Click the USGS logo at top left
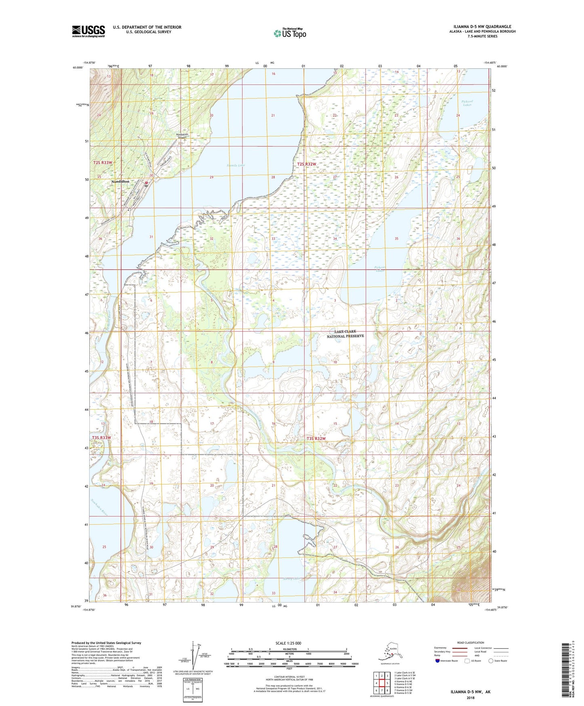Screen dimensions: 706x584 pyautogui.click(x=89, y=31)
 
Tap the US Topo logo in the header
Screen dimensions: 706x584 pyautogui.click(x=290, y=33)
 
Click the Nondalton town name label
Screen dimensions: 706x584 pyautogui.click(x=120, y=182)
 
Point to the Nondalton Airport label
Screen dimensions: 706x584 pyautogui.click(x=182, y=136)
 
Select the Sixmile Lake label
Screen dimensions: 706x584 pyautogui.click(x=236, y=165)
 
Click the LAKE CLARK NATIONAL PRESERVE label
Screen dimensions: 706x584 pyautogui.click(x=345, y=334)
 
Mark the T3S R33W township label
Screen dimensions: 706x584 pyautogui.click(x=101, y=438)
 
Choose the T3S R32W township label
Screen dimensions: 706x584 pyautogui.click(x=316, y=438)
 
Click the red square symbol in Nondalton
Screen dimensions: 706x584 pyautogui.click(x=146, y=183)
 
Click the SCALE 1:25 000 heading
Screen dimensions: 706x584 pyautogui.click(x=289, y=643)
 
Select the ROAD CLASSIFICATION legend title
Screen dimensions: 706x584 pyautogui.click(x=470, y=643)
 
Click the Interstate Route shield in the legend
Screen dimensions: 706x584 pyautogui.click(x=438, y=661)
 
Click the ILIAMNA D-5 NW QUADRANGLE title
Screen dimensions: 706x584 pyautogui.click(x=479, y=26)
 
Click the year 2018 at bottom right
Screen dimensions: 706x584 pyautogui.click(x=470, y=698)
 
